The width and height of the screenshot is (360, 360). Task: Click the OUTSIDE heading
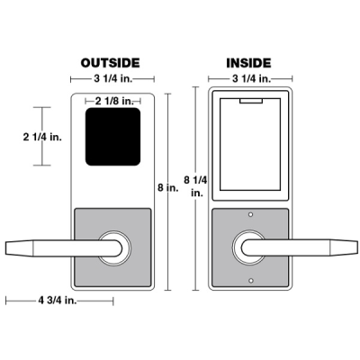click(110, 62)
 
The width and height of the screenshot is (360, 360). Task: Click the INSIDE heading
click(247, 62)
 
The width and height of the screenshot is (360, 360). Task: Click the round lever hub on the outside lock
click(114, 247)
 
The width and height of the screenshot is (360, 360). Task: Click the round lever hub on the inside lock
click(248, 247)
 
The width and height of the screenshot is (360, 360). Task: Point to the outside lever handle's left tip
click(11, 247)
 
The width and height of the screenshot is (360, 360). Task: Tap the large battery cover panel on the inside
click(248, 148)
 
